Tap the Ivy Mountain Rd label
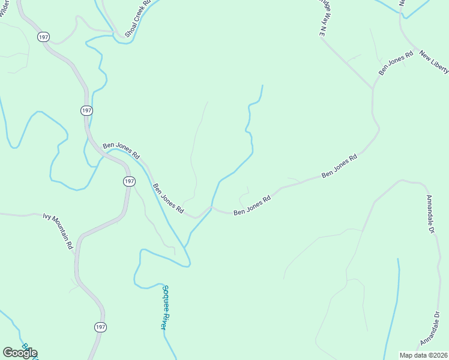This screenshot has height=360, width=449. point(59,230)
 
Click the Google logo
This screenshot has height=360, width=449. point(20,353)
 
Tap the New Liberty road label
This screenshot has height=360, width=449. point(434,62)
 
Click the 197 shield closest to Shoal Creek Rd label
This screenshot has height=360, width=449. point(43,37)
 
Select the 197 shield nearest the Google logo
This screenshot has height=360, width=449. point(100,327)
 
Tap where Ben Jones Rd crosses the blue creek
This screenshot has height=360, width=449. point(211,208)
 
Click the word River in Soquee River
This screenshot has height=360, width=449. point(163,319)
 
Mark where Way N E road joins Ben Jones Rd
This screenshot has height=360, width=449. point(373,88)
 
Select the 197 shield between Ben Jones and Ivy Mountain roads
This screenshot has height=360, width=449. point(129,181)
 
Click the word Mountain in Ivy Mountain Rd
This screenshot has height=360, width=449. point(61,232)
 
